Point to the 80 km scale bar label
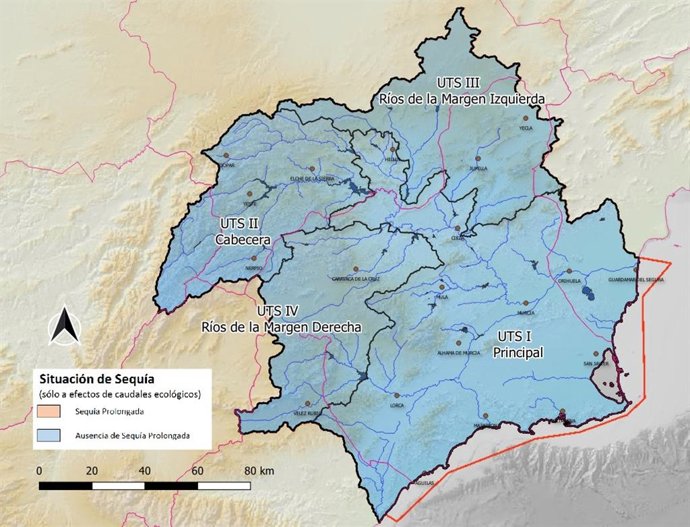pyautogui.click(x=258, y=470)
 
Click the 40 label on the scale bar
pyautogui.click(x=145, y=470)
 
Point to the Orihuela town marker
pyautogui.click(x=568, y=271)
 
